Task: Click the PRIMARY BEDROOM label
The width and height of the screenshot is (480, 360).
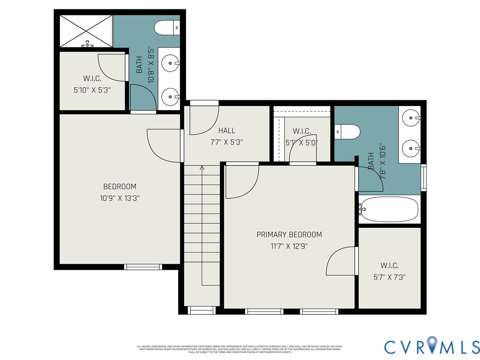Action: (289, 234)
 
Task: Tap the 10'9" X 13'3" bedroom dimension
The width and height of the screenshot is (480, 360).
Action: (120, 198)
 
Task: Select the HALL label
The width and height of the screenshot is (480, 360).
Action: (226, 131)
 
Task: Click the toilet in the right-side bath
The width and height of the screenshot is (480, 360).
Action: (347, 132)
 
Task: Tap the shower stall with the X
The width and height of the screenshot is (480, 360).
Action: (86, 31)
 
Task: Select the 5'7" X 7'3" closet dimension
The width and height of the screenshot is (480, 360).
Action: (390, 277)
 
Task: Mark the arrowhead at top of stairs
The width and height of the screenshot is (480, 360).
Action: (202, 168)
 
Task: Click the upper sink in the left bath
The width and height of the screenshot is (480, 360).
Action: (170, 62)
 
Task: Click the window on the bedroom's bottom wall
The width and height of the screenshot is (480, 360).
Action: (143, 267)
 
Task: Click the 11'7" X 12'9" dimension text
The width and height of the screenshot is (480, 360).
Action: (289, 246)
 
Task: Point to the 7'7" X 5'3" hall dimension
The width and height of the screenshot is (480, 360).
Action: (226, 142)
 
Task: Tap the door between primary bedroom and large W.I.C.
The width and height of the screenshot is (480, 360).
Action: (341, 262)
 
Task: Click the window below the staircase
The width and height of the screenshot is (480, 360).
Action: (201, 310)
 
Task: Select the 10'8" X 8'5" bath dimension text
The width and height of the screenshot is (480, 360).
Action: (150, 65)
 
